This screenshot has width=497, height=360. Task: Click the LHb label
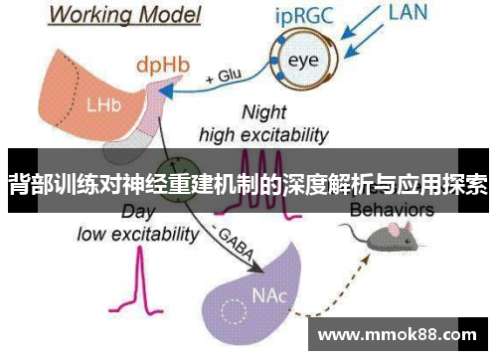point(100,103)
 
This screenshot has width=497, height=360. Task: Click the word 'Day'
point(136,212)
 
